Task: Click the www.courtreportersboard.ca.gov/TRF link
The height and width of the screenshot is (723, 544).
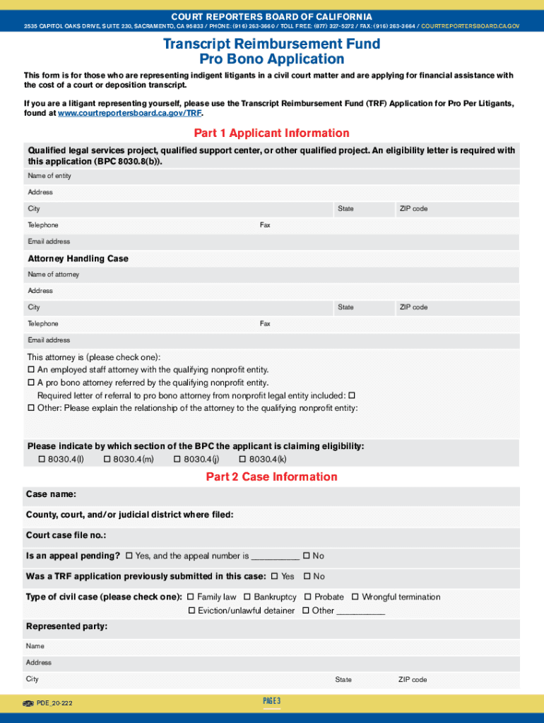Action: coord(129,113)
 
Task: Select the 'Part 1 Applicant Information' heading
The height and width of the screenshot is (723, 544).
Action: coord(271,133)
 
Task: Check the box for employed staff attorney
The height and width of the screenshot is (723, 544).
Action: coord(31,370)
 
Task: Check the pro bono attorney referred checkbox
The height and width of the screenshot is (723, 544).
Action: coord(31,383)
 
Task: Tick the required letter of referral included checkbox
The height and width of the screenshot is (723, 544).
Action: coord(352,395)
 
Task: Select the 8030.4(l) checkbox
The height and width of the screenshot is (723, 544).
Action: coord(41,460)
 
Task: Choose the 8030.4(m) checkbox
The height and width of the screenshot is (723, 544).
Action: coord(107,460)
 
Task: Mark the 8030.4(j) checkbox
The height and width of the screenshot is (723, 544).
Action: coord(177,460)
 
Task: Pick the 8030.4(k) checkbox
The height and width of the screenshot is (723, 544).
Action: coord(242,460)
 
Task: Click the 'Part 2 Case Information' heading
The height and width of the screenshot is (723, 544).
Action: coord(271,477)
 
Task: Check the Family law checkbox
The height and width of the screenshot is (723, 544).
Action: coord(190,597)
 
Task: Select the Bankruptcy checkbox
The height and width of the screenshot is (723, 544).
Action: coord(247,597)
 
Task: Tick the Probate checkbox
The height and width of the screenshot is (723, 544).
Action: coord(308,597)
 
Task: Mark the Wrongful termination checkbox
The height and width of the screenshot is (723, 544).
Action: coord(355,597)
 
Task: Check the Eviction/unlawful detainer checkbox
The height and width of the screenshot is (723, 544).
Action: coord(191,611)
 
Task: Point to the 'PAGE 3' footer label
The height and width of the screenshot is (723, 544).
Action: coord(272,700)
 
